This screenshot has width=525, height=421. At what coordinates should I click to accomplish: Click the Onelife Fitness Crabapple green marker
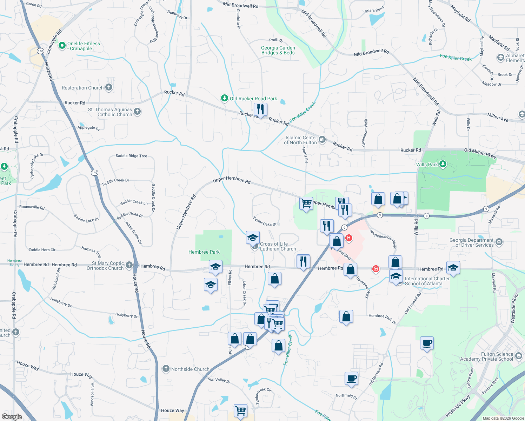(62, 45)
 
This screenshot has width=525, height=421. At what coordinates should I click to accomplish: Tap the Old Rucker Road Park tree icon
(225, 98)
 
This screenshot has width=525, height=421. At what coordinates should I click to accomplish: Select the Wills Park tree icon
(443, 164)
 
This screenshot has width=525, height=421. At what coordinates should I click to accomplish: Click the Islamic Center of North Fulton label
(301, 140)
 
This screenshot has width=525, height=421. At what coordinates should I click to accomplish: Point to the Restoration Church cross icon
(109, 87)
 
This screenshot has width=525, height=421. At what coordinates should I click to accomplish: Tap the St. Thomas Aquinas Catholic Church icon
(137, 112)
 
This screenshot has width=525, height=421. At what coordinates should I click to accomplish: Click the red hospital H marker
(348, 238)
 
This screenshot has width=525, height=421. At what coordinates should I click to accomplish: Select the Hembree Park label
(204, 252)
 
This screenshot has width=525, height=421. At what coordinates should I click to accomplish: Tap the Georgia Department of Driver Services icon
(499, 242)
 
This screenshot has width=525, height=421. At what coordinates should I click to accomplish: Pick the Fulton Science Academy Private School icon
(519, 356)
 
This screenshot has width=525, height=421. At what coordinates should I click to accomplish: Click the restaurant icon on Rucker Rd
(260, 109)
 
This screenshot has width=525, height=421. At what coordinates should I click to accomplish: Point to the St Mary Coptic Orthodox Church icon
(129, 265)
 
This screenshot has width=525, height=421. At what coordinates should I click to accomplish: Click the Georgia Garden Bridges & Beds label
(278, 50)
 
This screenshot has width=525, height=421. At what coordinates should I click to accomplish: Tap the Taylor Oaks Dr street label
(265, 221)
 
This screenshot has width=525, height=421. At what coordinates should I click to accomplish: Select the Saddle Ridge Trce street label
(131, 156)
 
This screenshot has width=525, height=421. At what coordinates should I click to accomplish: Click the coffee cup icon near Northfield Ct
(351, 379)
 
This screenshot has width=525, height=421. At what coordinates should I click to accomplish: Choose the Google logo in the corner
(12, 416)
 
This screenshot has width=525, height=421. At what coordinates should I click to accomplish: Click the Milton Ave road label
(498, 118)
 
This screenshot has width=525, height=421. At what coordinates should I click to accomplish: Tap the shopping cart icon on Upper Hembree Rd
(306, 203)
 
